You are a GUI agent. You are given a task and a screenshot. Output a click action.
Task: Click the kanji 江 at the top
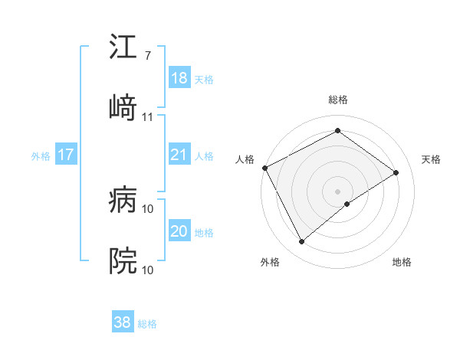pyautogui.click(x=123, y=47)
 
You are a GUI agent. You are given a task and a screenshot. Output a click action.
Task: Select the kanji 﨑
pyautogui.click(x=123, y=108)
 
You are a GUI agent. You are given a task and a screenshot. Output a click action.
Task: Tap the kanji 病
pyautogui.click(x=123, y=200)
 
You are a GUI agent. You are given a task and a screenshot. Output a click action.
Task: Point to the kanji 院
pyautogui.click(x=123, y=261)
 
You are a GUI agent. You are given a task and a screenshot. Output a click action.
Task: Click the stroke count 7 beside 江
pyautogui.click(x=147, y=56)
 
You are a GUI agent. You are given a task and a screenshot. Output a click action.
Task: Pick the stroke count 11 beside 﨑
pyautogui.click(x=148, y=117)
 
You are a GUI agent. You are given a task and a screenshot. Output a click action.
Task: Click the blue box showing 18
pyautogui.click(x=179, y=78)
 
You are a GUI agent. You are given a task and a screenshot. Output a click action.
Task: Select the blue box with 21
pyautogui.click(x=179, y=155)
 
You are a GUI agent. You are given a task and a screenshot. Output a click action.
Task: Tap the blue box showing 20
pyautogui.click(x=179, y=231)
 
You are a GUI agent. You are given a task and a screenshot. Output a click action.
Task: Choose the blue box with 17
pyautogui.click(x=66, y=155)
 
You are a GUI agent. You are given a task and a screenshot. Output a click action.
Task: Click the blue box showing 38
pyautogui.click(x=123, y=323)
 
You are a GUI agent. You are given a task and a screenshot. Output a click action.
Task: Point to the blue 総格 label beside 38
pyautogui.click(x=147, y=324)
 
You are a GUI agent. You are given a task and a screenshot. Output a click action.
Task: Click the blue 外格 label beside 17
pyautogui.click(x=41, y=155)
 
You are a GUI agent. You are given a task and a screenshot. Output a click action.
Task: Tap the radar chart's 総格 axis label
pyautogui.click(x=338, y=100)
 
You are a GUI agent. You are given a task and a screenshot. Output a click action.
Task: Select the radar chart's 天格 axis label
pyautogui.click(x=432, y=159)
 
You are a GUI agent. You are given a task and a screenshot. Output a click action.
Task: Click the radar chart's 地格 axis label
pyautogui.click(x=402, y=262)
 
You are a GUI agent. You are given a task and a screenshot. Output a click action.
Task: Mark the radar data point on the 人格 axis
pyautogui.click(x=264, y=168)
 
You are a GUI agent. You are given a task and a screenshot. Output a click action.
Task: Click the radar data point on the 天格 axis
pyautogui.click(x=396, y=172)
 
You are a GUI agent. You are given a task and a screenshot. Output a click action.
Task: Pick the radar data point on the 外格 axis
pyautogui.click(x=301, y=242)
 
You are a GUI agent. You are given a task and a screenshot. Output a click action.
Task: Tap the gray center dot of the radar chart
pyautogui.click(x=338, y=191)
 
